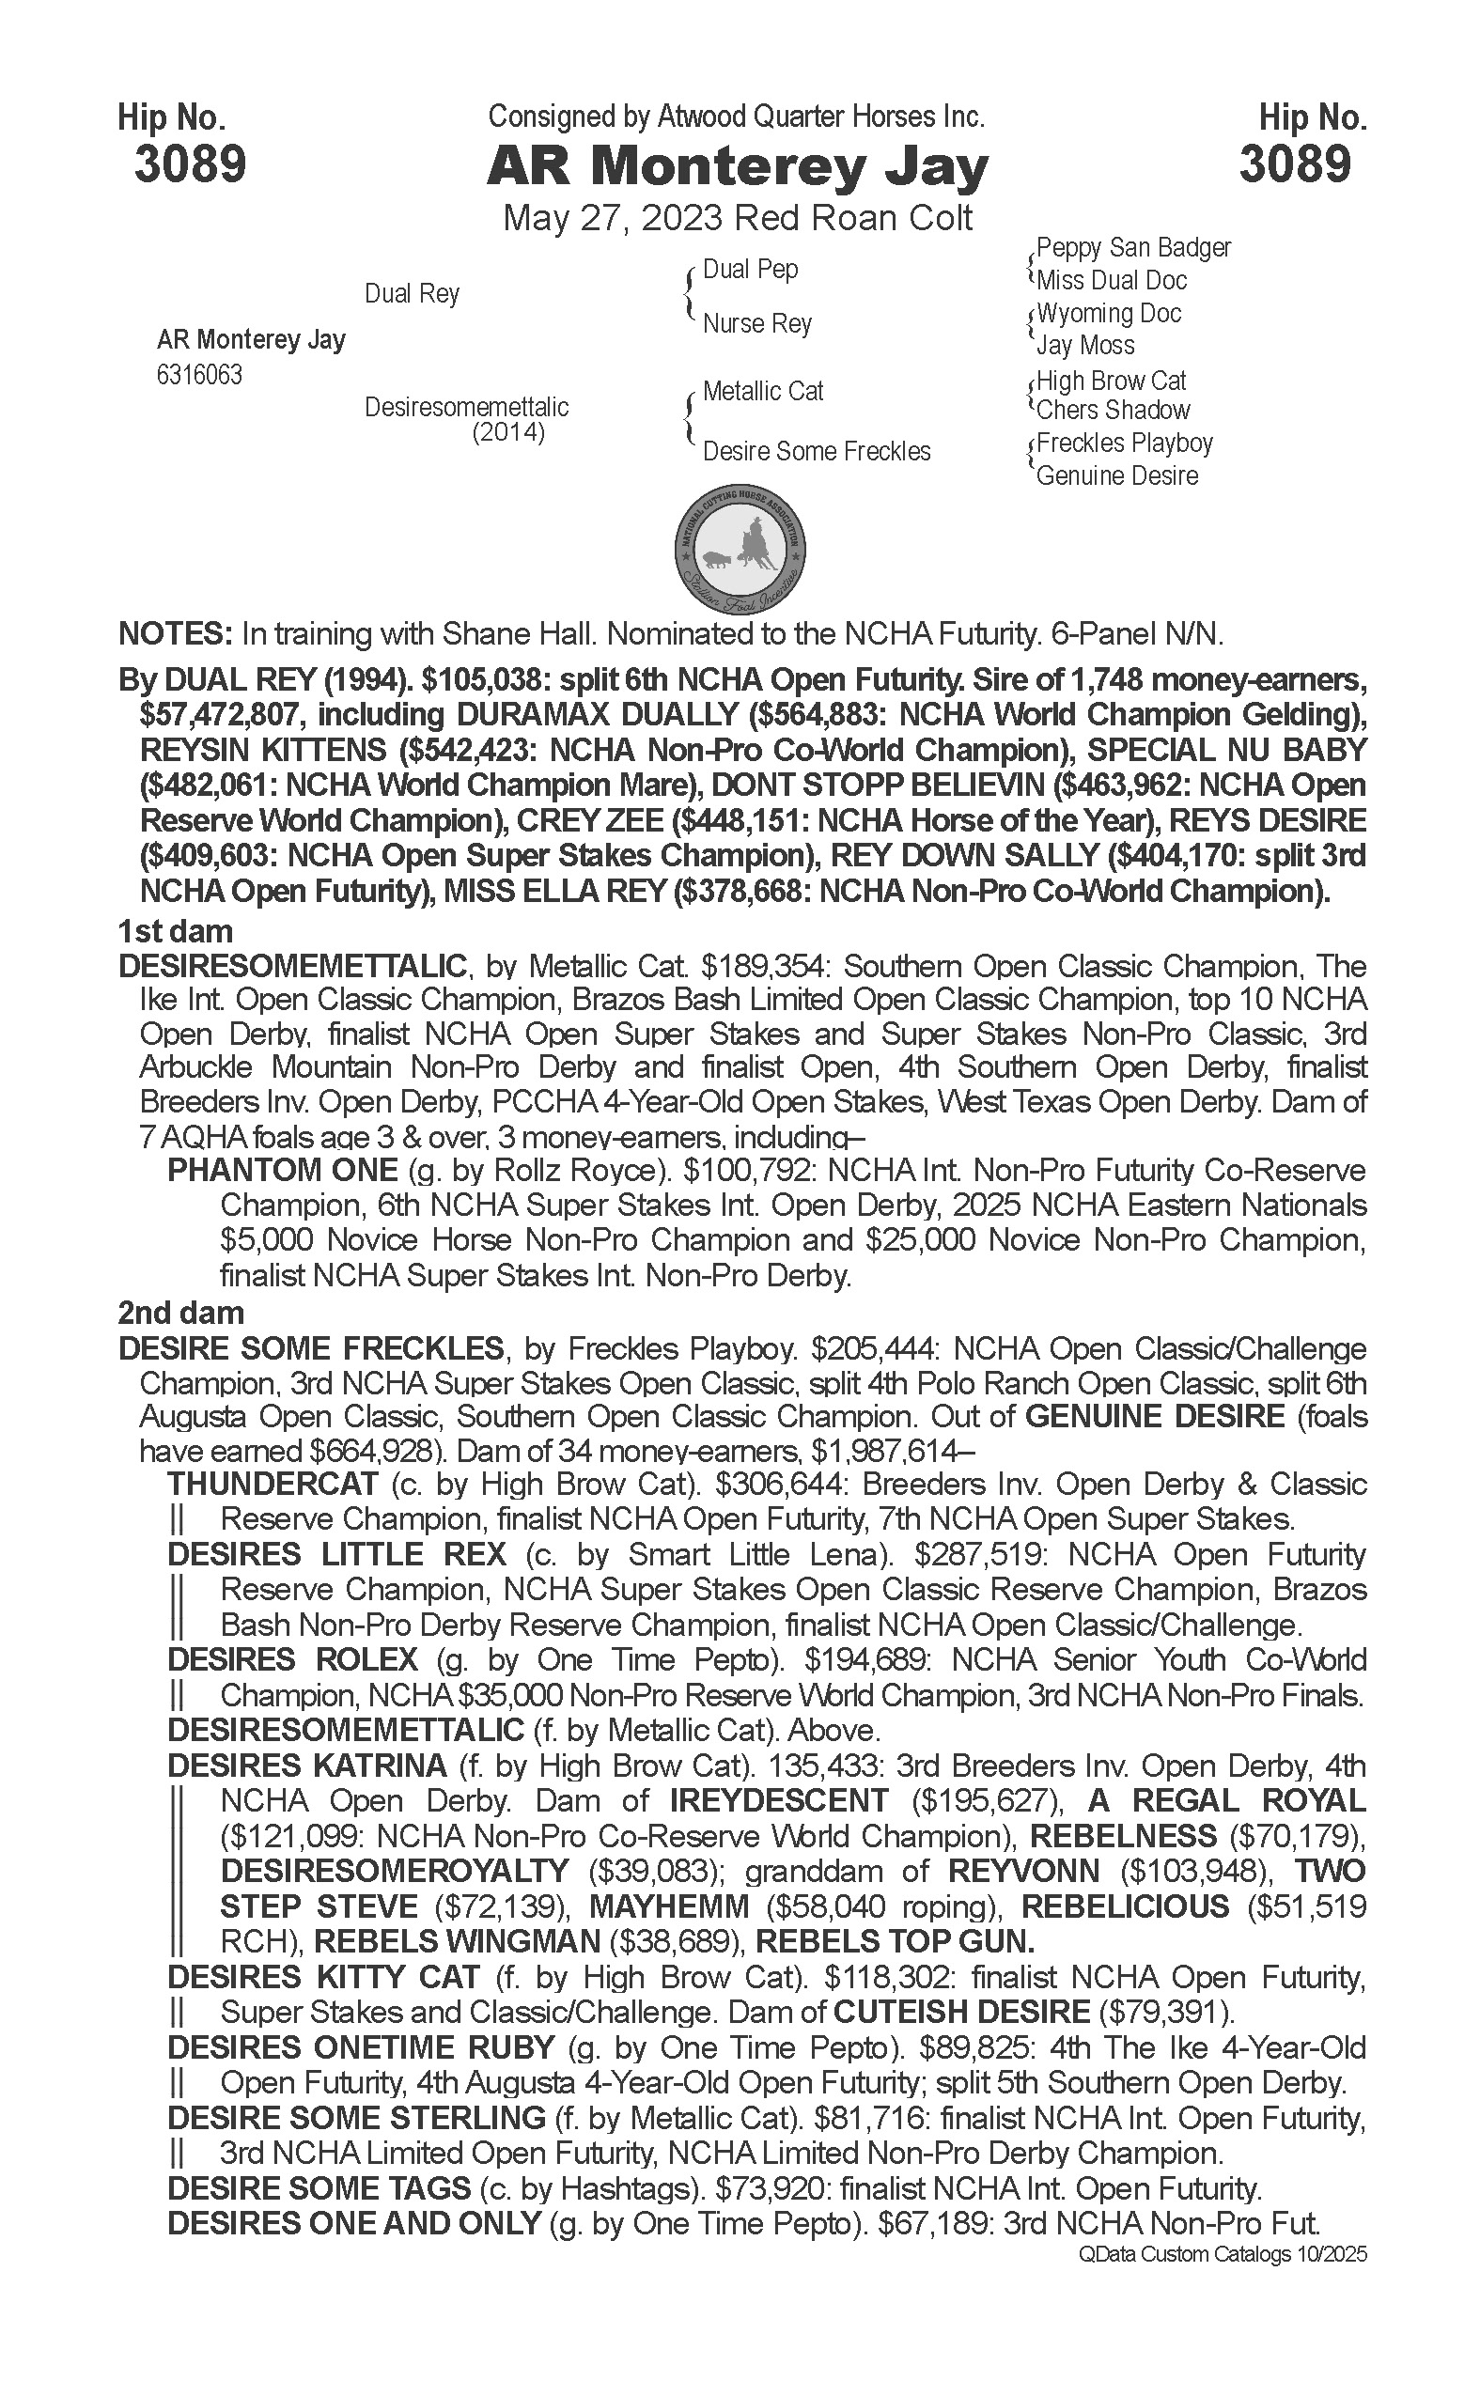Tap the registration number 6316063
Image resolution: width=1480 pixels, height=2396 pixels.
(x=199, y=375)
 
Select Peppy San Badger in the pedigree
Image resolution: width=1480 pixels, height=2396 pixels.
(x=1132, y=248)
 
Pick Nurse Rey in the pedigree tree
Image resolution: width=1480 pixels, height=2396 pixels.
(x=756, y=323)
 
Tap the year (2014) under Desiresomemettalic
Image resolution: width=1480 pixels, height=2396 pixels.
(x=508, y=431)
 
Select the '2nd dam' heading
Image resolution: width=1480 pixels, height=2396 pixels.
(x=181, y=1313)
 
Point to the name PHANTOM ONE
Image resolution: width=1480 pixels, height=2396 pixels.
(x=283, y=1170)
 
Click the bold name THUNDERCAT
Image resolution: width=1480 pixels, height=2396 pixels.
(x=273, y=1484)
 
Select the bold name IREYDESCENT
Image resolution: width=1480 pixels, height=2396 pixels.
(x=779, y=1800)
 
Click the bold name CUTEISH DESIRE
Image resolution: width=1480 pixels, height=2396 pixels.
(x=961, y=2013)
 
